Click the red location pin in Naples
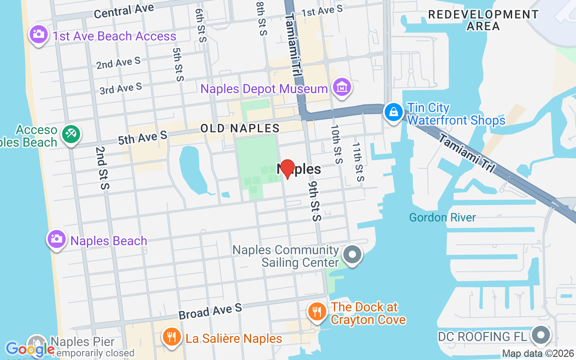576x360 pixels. (287, 169)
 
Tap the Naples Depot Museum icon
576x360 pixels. (342, 87)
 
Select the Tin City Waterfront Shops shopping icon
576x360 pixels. (394, 112)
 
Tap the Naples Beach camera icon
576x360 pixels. (57, 239)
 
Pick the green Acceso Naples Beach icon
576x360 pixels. (71, 134)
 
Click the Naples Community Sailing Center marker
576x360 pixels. (353, 255)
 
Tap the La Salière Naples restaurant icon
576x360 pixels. (171, 337)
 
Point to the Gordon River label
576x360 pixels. (442, 218)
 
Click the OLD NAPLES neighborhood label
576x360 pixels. (240, 128)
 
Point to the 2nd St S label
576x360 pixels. (102, 168)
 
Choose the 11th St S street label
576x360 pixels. (357, 162)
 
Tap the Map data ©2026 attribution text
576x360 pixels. (538, 354)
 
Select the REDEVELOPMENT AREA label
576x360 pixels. (483, 20)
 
